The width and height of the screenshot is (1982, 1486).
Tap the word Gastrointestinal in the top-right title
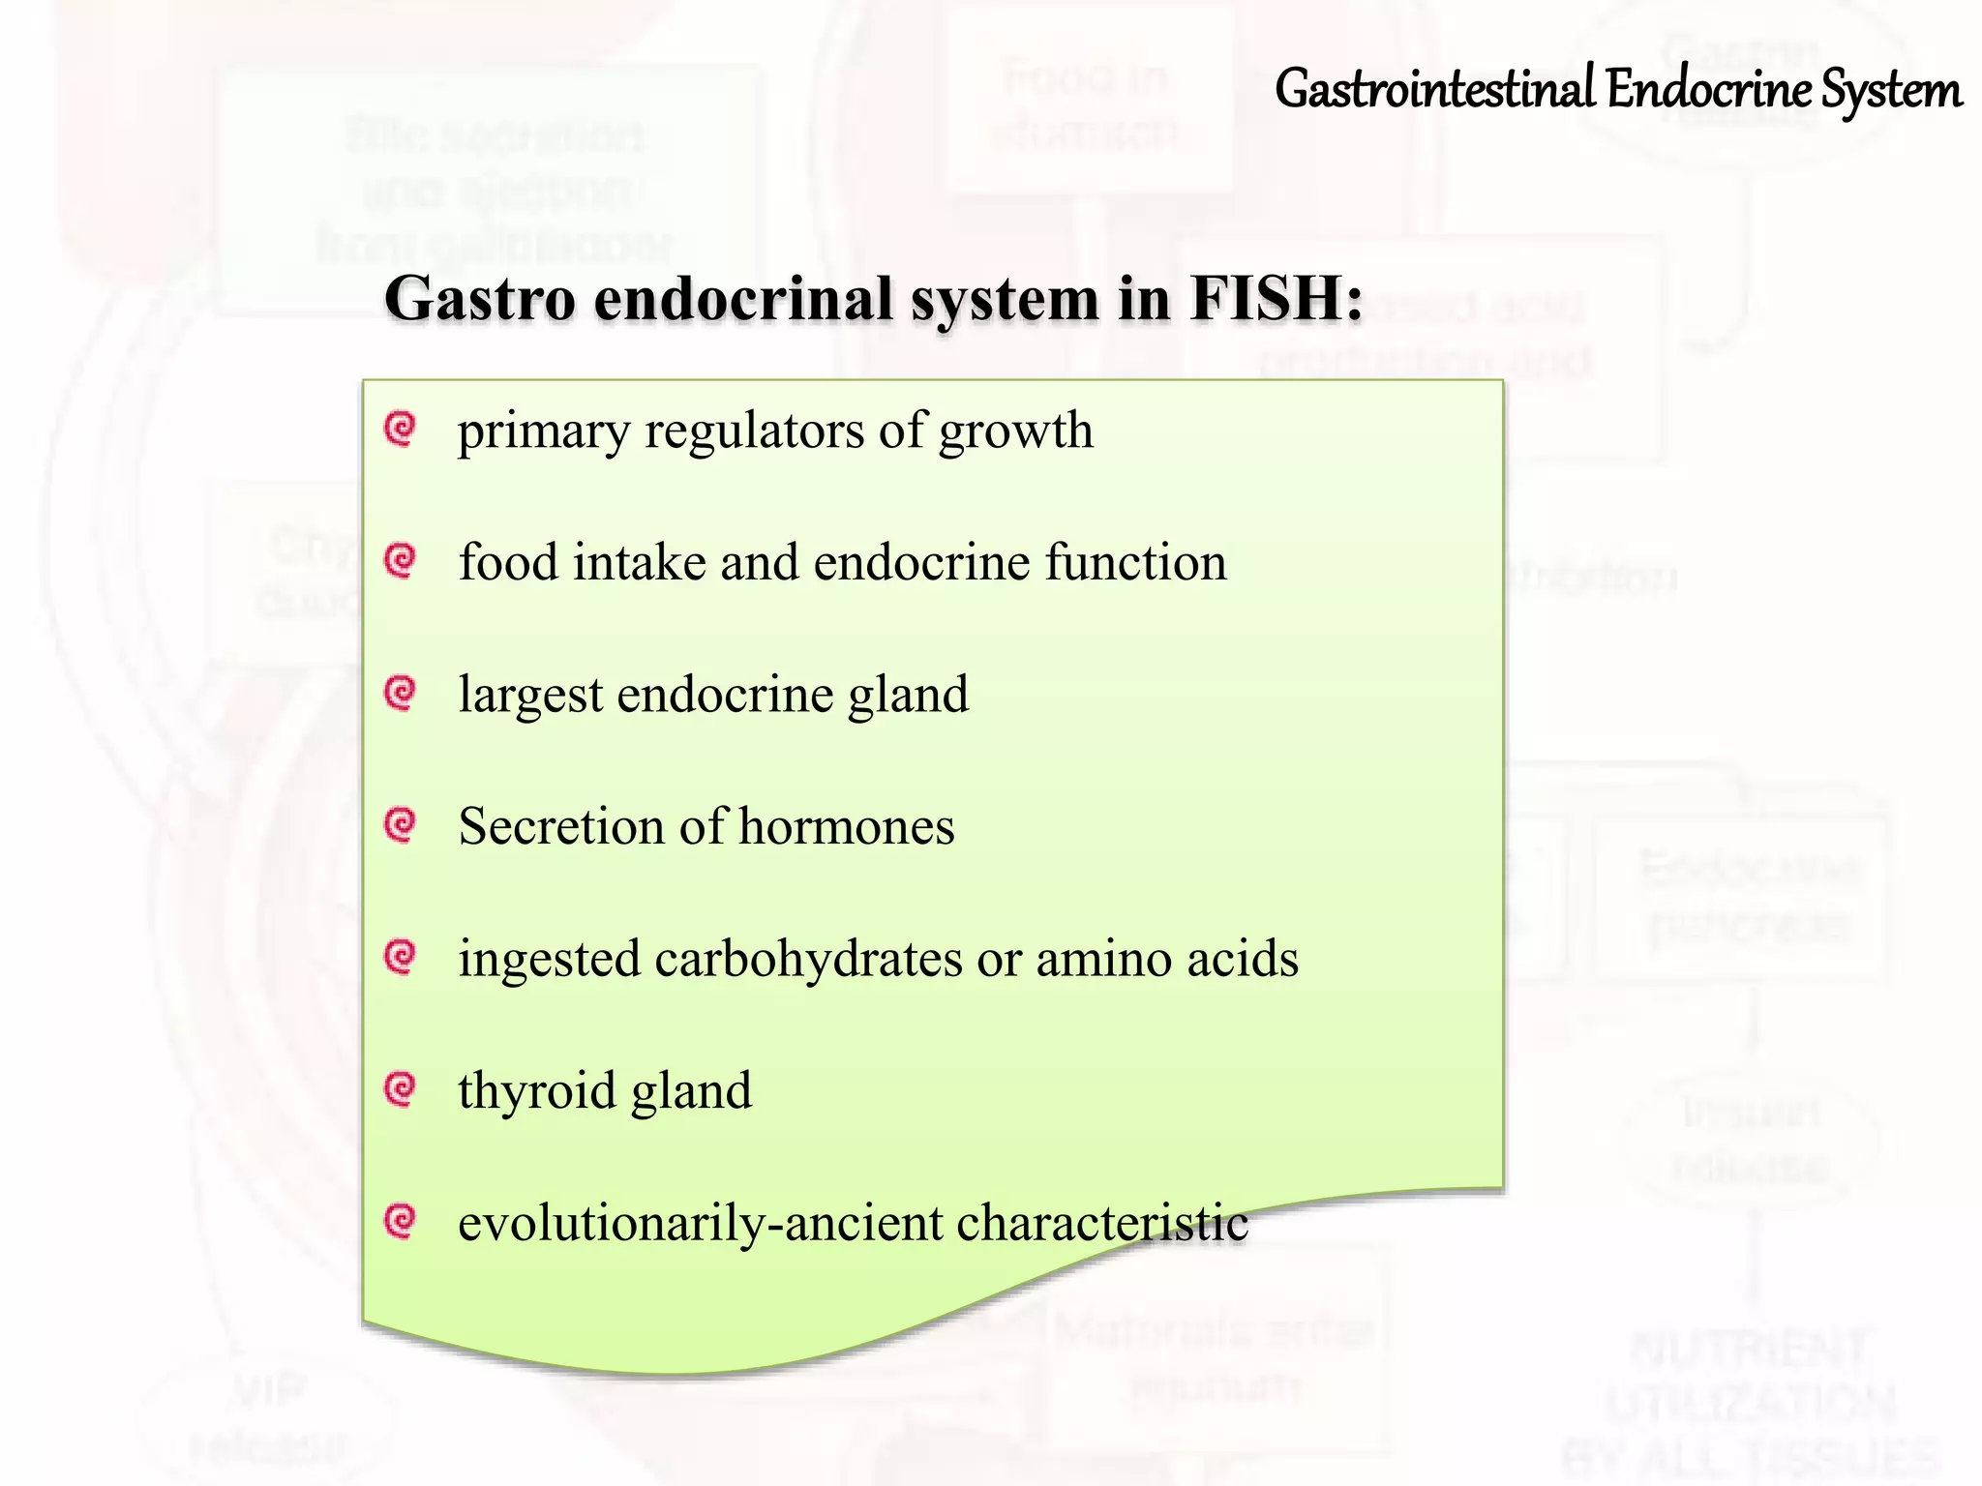pos(1434,90)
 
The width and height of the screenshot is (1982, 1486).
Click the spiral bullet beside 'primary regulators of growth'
pos(400,428)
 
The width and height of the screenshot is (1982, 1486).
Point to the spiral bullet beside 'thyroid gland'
pos(400,1089)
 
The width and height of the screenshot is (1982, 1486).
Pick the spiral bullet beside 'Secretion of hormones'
pos(400,824)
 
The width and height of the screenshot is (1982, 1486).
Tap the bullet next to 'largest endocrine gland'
pos(400,693)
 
